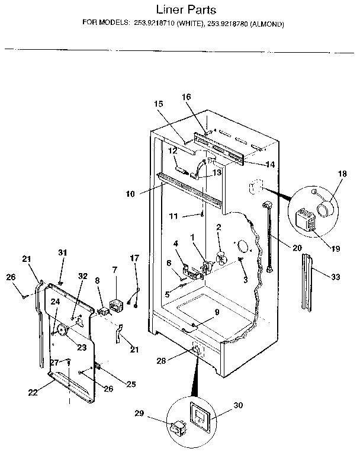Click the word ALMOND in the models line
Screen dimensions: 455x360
pyautogui.click(x=267, y=24)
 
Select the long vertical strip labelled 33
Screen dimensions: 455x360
pyautogui.click(x=306, y=281)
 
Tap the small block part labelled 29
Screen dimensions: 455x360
pyautogui.click(x=176, y=428)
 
